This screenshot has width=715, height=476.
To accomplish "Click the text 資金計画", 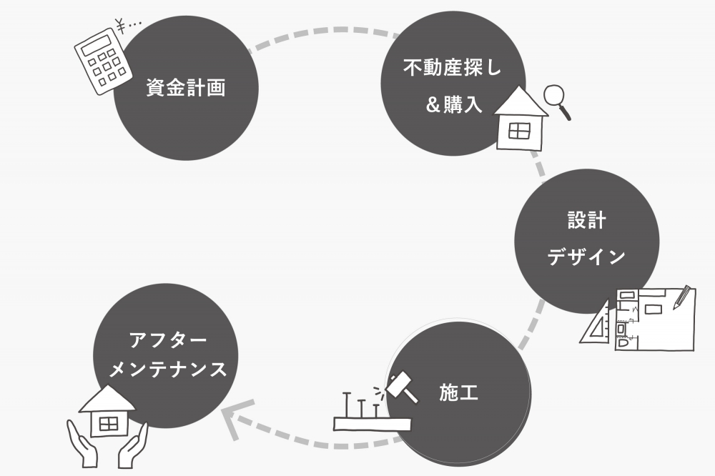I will click(186, 89).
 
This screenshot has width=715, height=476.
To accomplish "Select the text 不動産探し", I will click(453, 69).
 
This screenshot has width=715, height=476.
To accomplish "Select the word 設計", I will click(586, 220).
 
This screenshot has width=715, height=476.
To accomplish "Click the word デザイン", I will click(586, 257).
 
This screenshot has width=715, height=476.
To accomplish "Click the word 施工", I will click(458, 392).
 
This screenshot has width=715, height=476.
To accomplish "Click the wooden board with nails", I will click(372, 422).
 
